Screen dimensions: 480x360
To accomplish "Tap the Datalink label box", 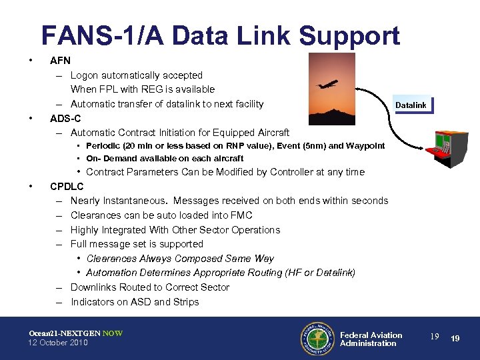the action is pyautogui.click(x=411, y=105).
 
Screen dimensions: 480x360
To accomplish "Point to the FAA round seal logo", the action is pyautogui.click(x=316, y=339).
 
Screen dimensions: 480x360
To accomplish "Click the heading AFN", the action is pyautogui.click(x=61, y=61).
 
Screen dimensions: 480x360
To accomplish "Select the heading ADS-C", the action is pyautogui.click(x=66, y=119).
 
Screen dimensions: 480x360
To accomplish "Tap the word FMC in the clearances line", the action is pyautogui.click(x=241, y=215).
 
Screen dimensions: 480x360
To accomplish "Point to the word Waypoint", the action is pyautogui.click(x=365, y=145).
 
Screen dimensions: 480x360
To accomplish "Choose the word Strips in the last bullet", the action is pyautogui.click(x=186, y=302).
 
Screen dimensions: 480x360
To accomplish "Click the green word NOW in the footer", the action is pyautogui.click(x=112, y=333).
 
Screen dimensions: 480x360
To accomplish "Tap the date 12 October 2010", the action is pyautogui.click(x=58, y=343).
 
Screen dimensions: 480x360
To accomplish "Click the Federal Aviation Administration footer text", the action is pyautogui.click(x=371, y=339).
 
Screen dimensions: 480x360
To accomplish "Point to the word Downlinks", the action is pyautogui.click(x=93, y=287).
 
